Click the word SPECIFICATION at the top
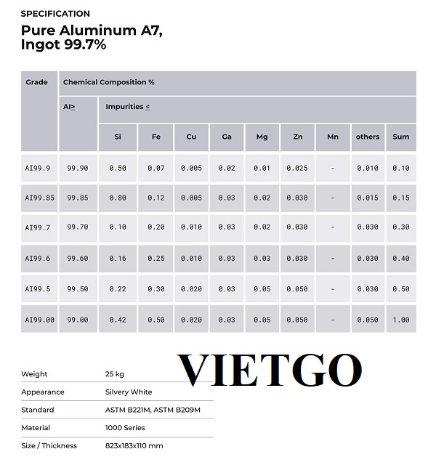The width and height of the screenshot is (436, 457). pos(55,14)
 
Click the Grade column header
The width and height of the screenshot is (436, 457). pos(36,82)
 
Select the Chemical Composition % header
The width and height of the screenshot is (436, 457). pos(108,82)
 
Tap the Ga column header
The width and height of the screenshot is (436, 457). pos(227,137)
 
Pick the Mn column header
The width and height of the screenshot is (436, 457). pos(333,137)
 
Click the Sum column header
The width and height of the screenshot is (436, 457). pos(400,137)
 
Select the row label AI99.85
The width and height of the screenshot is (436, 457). pos(39,198)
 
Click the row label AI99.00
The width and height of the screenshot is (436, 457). pos(39,320)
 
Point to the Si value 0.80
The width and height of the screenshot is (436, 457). pos(118,198)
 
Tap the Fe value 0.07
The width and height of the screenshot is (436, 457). pos(156,168)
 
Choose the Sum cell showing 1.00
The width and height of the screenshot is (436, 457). pos(400,320)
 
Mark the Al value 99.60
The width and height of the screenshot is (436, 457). pos(78,259)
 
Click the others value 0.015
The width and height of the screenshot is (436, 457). pos(368,198)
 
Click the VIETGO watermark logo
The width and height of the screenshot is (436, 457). pos(270,371)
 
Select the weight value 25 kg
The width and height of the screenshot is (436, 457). pos(115,374)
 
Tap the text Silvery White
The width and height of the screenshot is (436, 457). pos(129,392)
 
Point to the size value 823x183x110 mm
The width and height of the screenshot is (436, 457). pos(134,445)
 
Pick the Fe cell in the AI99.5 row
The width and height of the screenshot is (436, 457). pos(156,289)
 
